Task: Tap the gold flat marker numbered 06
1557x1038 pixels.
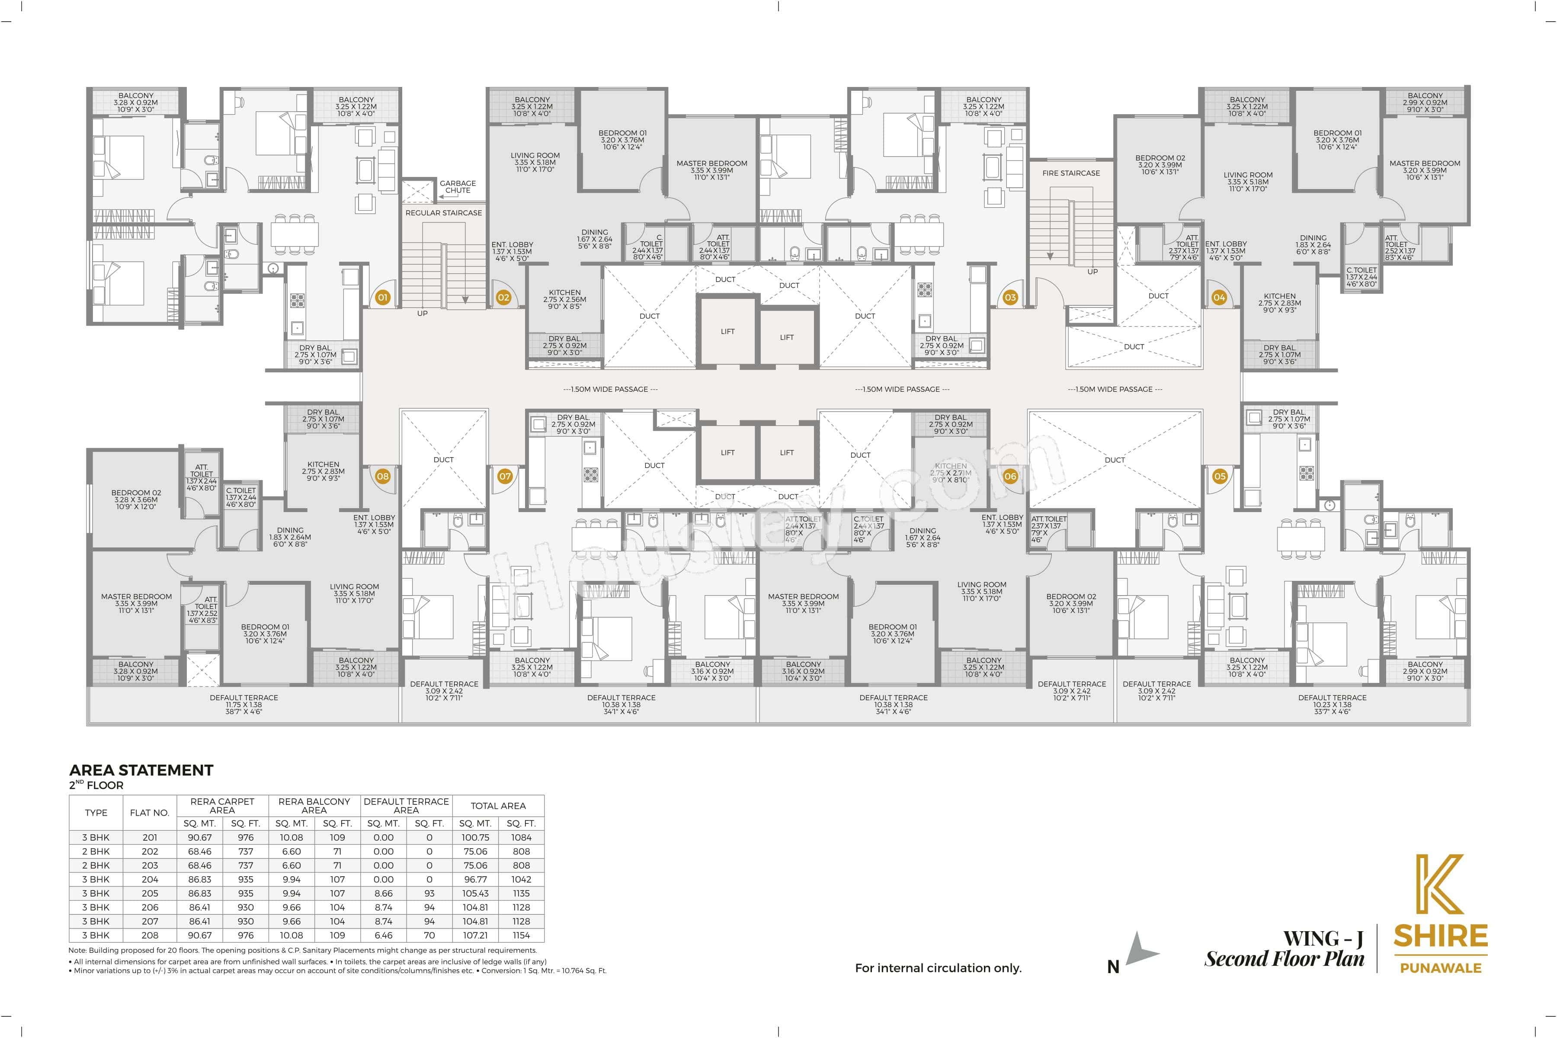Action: click(x=1010, y=476)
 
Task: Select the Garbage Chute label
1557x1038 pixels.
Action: click(x=458, y=187)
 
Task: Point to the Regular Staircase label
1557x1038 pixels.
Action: click(x=444, y=212)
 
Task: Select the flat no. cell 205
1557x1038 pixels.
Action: click(x=150, y=893)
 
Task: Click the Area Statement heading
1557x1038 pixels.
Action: click(x=141, y=770)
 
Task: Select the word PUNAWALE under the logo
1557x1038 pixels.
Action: click(x=1441, y=968)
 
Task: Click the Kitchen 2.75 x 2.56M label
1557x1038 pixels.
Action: click(x=565, y=299)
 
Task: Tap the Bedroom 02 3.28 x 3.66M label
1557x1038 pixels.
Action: click(x=136, y=499)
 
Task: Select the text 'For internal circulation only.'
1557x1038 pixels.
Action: click(x=938, y=968)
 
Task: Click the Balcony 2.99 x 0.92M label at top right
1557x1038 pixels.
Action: click(x=1425, y=103)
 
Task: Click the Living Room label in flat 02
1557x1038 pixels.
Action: click(x=535, y=162)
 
